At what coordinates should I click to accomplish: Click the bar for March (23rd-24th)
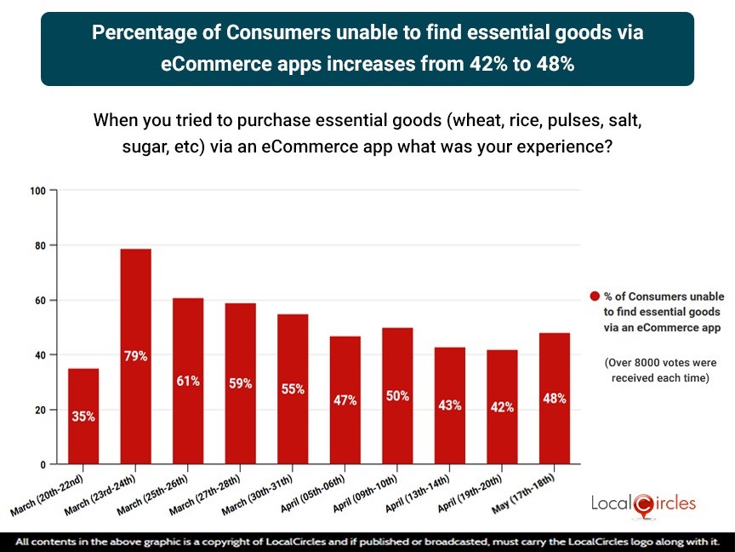(x=135, y=356)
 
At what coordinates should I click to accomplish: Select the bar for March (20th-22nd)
(x=83, y=416)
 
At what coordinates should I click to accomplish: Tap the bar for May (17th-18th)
(x=554, y=398)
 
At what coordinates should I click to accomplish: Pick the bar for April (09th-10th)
(x=397, y=395)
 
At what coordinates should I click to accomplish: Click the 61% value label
(x=188, y=381)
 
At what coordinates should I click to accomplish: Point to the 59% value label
(x=240, y=383)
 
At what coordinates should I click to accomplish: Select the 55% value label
(x=293, y=388)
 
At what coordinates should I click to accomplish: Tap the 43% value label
(x=449, y=405)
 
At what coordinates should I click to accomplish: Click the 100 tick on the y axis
(x=37, y=190)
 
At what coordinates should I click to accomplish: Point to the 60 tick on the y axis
(x=39, y=300)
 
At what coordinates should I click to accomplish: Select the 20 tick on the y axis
(x=39, y=410)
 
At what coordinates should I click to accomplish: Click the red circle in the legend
(x=595, y=296)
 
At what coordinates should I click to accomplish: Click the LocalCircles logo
(x=643, y=503)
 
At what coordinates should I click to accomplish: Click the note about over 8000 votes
(x=659, y=370)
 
